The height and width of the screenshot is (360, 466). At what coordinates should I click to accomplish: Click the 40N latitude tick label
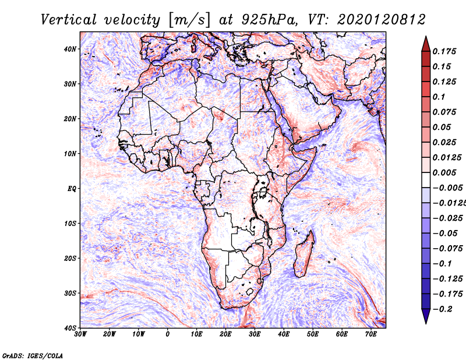tap(70, 49)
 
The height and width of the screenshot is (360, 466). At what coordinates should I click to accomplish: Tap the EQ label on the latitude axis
tap(72, 189)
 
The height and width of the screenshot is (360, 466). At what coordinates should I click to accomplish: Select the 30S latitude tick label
tap(70, 294)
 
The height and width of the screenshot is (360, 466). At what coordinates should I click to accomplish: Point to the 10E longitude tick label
tap(196, 334)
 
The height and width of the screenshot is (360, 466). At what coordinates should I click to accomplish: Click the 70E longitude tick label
tap(371, 334)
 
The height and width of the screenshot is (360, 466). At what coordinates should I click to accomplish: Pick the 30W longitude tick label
tap(80, 334)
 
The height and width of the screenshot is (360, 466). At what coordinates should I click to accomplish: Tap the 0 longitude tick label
tap(168, 334)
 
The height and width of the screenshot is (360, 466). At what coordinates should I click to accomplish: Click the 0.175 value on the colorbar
tap(444, 51)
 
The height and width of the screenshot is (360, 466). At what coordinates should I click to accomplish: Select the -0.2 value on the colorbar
tap(443, 309)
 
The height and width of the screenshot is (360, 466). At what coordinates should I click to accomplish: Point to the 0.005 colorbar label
tap(444, 172)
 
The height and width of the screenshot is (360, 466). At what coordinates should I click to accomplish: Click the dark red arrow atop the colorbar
tap(426, 44)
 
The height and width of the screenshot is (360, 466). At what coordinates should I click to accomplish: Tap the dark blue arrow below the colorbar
tap(426, 316)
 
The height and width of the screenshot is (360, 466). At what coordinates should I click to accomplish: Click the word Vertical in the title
tap(69, 20)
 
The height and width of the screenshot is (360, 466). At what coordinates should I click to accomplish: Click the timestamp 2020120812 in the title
tap(382, 20)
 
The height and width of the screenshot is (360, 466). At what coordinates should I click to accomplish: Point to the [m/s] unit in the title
tap(189, 20)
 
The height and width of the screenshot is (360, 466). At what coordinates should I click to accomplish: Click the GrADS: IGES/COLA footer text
tap(33, 356)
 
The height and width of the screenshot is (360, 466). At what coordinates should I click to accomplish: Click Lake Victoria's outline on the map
tap(263, 192)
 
